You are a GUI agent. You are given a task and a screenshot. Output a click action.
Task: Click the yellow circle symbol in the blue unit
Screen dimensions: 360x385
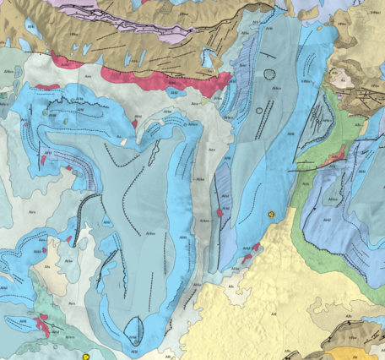point(271,215)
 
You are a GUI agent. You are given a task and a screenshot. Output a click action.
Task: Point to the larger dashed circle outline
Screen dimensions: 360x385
point(270,74)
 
